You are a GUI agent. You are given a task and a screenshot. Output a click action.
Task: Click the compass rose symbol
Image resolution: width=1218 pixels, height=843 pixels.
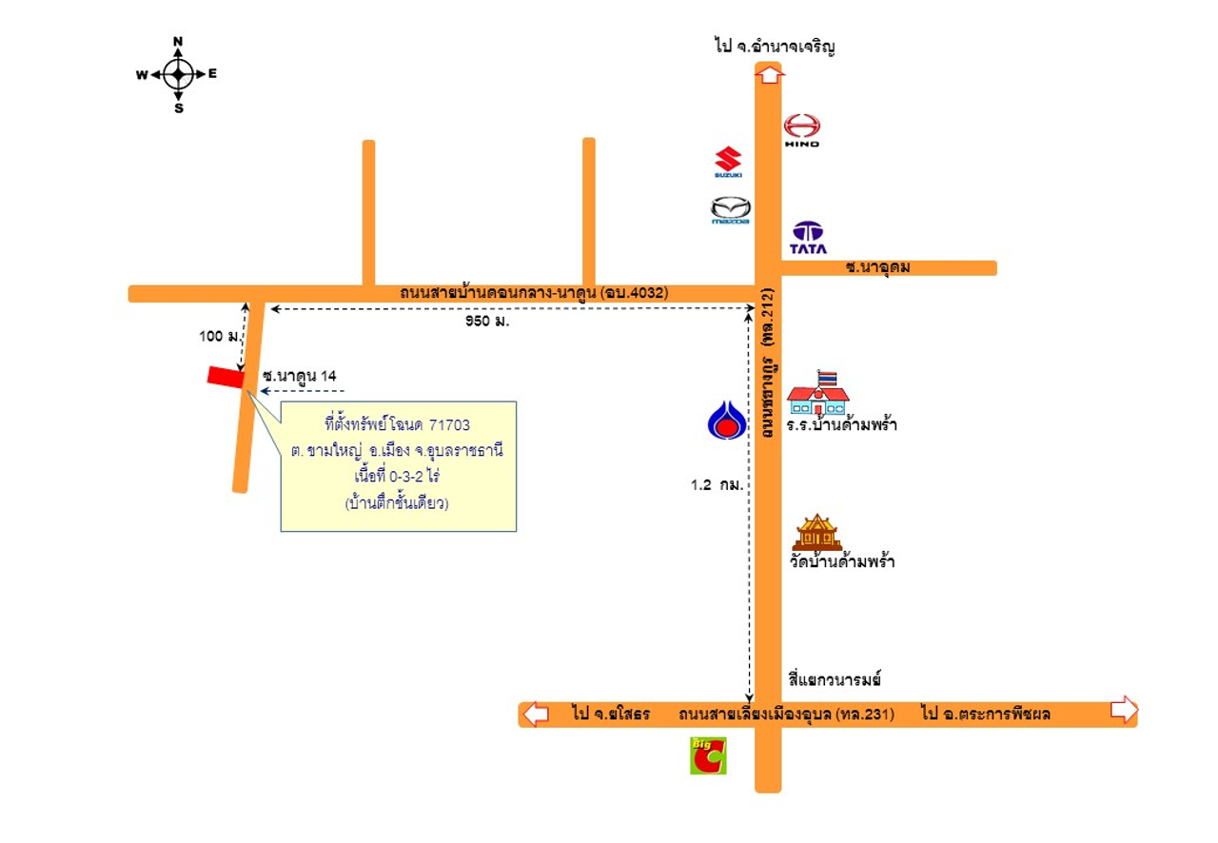click(x=178, y=74)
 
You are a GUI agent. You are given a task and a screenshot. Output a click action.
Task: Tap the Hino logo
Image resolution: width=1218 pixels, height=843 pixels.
click(x=801, y=128)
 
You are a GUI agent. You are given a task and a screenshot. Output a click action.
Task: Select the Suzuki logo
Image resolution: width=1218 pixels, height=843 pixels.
click(x=728, y=162)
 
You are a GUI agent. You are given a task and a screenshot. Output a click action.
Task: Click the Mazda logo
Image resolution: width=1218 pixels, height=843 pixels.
click(x=731, y=209)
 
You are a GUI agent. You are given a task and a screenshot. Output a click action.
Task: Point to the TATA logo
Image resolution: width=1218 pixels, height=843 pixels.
click(x=809, y=237)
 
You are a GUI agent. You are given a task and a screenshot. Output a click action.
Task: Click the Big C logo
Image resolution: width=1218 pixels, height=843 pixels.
click(x=708, y=755)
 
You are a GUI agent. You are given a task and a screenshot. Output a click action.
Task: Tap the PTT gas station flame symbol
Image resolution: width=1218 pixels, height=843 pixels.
click(x=725, y=421)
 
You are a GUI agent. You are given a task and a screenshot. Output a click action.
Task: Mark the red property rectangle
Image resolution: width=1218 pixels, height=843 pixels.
click(x=225, y=377)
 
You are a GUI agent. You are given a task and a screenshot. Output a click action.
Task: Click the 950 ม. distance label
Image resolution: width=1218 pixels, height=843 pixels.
click(x=487, y=321)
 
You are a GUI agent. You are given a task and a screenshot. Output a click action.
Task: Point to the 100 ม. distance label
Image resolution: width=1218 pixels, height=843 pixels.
click(x=218, y=337)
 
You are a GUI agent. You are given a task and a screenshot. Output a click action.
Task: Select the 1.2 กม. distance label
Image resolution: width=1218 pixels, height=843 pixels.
click(x=716, y=484)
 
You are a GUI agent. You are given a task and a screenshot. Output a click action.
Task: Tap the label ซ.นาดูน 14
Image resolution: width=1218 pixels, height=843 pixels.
click(x=300, y=376)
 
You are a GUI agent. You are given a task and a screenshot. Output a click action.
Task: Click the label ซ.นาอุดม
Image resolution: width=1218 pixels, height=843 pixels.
click(x=877, y=267)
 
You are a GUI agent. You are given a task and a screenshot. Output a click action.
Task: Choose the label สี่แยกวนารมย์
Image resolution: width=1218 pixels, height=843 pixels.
click(x=835, y=679)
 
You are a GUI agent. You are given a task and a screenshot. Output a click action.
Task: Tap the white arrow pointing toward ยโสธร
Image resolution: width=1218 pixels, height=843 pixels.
click(x=536, y=713)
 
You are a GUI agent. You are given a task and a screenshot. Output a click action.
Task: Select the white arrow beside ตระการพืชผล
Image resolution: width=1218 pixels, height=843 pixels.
click(x=1124, y=710)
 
